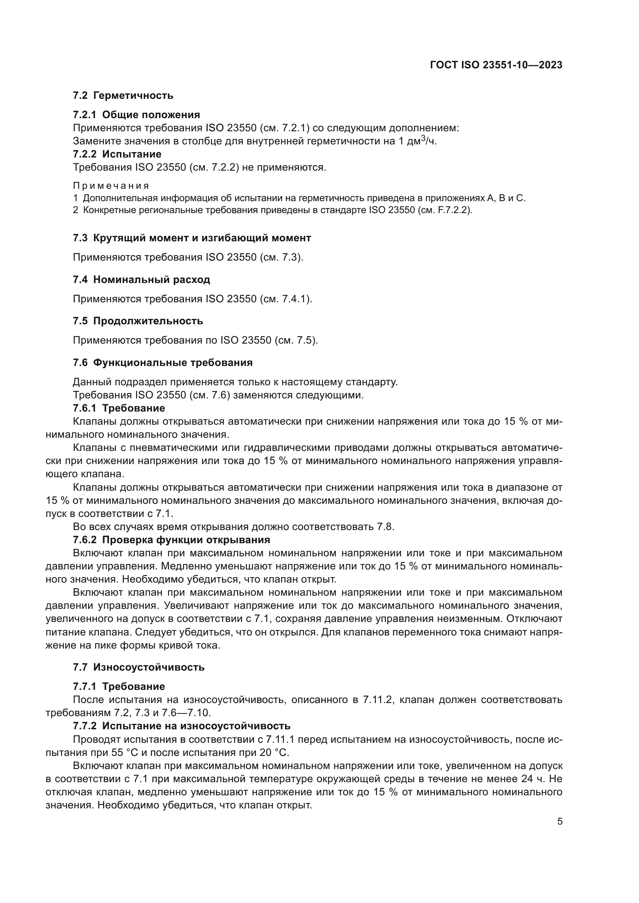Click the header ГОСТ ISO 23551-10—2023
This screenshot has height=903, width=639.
496,65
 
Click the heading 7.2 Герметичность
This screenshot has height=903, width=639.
123,96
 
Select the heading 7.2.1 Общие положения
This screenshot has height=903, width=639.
136,115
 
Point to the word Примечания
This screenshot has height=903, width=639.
111,186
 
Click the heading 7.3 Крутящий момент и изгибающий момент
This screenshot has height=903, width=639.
192,238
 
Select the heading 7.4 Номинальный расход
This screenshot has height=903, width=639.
141,280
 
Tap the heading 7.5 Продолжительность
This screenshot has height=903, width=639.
138,321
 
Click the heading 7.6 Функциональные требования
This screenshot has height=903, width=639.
163,363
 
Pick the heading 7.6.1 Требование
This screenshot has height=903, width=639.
119,408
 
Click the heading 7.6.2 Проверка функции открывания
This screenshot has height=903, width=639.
171,540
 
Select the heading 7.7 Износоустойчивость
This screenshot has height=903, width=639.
139,668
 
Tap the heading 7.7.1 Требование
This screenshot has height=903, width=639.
119,687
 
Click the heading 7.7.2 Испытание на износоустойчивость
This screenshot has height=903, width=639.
182,726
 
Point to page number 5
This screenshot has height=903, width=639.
560,822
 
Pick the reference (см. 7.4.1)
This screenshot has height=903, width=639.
286,299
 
